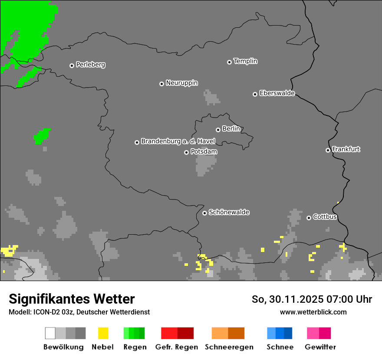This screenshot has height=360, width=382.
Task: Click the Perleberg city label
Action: click(x=90, y=65)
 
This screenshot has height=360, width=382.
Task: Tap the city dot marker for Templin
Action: click(x=229, y=62)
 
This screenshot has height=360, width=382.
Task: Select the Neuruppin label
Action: click(x=181, y=83)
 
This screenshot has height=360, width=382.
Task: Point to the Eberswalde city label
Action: click(x=277, y=93)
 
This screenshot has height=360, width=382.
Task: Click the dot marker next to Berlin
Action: click(x=218, y=130)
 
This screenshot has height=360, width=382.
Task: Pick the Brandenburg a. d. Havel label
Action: click(x=178, y=141)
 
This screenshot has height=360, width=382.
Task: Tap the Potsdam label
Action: click(x=204, y=152)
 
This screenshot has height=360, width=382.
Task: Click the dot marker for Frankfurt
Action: click(x=328, y=150)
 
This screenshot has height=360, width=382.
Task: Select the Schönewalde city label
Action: click(x=229, y=212)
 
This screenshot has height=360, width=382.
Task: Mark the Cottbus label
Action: click(x=325, y=217)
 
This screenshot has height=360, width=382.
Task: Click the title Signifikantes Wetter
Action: click(x=72, y=299)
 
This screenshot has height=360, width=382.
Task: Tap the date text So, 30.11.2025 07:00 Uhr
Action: click(x=312, y=299)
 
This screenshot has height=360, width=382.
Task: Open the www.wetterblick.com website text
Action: click(x=313, y=312)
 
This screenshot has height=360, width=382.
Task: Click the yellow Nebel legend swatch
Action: click(x=103, y=333)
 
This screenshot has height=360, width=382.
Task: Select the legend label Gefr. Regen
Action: click(x=176, y=347)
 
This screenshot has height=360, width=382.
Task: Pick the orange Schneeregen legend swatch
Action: click(x=228, y=333)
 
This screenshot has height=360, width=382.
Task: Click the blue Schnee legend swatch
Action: click(x=280, y=333)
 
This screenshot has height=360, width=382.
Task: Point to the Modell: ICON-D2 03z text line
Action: click(x=79, y=312)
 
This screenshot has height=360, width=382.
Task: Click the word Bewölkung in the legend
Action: click(x=63, y=347)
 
